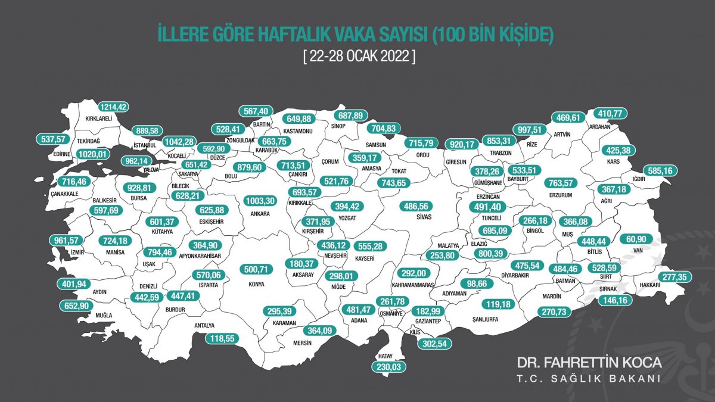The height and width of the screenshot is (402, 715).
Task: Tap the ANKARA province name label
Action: tap(259, 213)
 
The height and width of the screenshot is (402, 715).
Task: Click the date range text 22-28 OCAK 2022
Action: tap(358, 57)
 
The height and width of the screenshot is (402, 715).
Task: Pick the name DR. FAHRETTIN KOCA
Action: tap(589, 363)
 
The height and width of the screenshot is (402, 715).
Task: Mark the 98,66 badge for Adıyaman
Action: tap(477, 283)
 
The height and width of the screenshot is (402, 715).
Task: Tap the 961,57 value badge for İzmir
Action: tap(67, 241)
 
